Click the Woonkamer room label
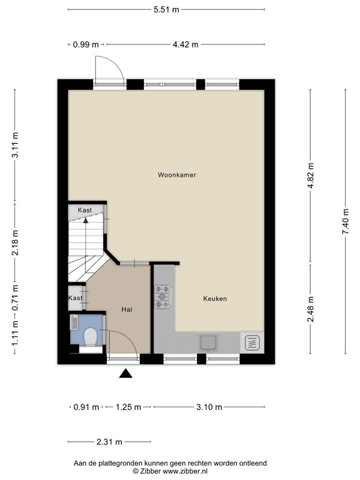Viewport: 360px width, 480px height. click(x=176, y=175)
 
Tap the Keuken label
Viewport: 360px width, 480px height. click(x=215, y=298)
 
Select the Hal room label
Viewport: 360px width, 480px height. click(x=127, y=310)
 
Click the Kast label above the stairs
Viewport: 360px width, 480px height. click(x=85, y=210)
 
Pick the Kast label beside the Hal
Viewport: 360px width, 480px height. click(x=76, y=298)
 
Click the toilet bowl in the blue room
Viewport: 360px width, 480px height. click(x=91, y=337)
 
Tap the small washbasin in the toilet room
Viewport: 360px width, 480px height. click(x=74, y=322)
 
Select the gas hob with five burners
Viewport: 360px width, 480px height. click(x=163, y=296)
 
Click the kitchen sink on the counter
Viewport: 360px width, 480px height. click(x=208, y=343)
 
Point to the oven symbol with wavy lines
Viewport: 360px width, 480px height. click(x=252, y=343)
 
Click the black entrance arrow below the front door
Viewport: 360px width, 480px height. click(x=125, y=373)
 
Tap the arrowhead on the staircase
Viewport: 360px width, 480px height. click(x=86, y=220)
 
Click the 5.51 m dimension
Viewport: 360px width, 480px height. click(x=166, y=10)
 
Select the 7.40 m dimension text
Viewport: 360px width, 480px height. click(x=346, y=221)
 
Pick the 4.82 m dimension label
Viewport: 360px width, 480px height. click(x=310, y=176)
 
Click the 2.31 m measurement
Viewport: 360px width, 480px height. click(x=109, y=442)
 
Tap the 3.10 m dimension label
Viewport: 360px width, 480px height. click(x=209, y=407)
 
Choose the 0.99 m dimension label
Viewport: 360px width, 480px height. click(x=86, y=44)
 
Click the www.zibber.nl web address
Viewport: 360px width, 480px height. click(x=185, y=472)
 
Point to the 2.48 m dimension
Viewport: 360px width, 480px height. click(x=310, y=309)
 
